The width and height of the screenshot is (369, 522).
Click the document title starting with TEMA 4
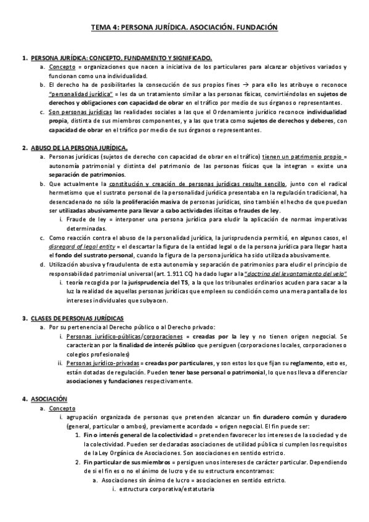[185, 28]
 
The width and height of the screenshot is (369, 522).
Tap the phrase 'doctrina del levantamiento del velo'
[304, 273]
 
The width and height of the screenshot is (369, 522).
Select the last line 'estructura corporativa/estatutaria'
[163, 489]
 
